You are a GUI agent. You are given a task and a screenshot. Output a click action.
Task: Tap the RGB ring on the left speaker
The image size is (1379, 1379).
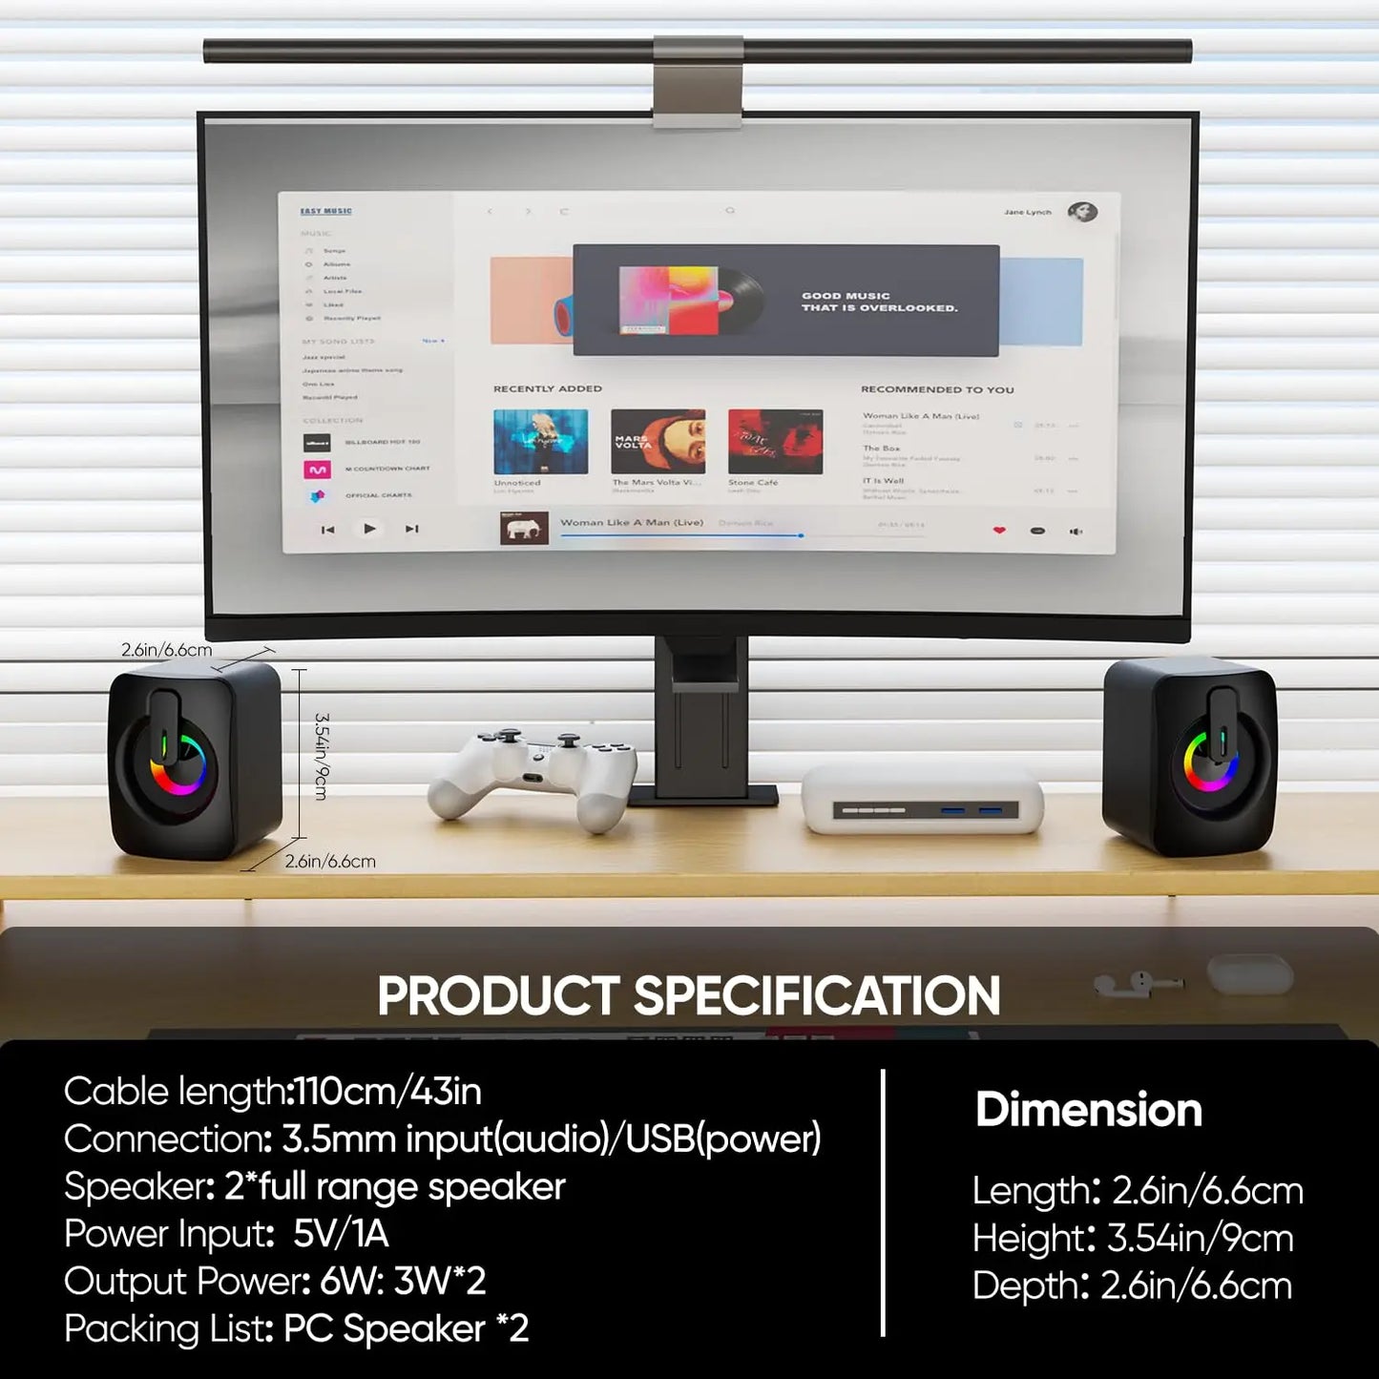click(x=178, y=763)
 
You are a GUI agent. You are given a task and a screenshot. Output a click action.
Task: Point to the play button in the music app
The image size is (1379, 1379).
click(x=369, y=529)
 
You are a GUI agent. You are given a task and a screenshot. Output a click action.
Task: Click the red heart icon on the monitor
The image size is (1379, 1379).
click(x=999, y=531)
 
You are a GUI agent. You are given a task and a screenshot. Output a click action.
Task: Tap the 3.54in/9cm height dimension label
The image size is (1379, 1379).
click(x=322, y=756)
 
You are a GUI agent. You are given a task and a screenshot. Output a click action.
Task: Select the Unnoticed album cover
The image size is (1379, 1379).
click(x=540, y=442)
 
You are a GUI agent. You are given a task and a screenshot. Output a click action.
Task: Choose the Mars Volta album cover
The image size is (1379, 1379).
click(x=658, y=442)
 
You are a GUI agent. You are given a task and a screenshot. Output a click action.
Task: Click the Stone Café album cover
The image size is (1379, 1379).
click(x=775, y=442)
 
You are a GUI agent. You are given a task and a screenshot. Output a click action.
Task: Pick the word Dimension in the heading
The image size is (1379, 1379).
click(x=1088, y=1110)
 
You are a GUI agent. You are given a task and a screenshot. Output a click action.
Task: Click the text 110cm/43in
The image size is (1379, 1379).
click(x=388, y=1091)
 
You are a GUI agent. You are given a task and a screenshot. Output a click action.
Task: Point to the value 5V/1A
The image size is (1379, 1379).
click(x=341, y=1234)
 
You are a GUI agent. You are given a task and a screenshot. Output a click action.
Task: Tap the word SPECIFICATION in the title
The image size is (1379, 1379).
click(x=817, y=995)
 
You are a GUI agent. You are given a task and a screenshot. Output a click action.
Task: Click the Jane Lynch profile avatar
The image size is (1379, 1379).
click(x=1082, y=212)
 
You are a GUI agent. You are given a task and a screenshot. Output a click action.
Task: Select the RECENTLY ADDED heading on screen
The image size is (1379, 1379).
click(x=547, y=388)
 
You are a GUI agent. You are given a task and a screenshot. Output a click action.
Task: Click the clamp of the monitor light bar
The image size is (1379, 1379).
click(x=698, y=81)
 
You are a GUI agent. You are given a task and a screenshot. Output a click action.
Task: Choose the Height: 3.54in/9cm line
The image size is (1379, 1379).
click(x=1133, y=1239)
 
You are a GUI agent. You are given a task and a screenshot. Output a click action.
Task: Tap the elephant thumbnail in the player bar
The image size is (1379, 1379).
click(x=524, y=528)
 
